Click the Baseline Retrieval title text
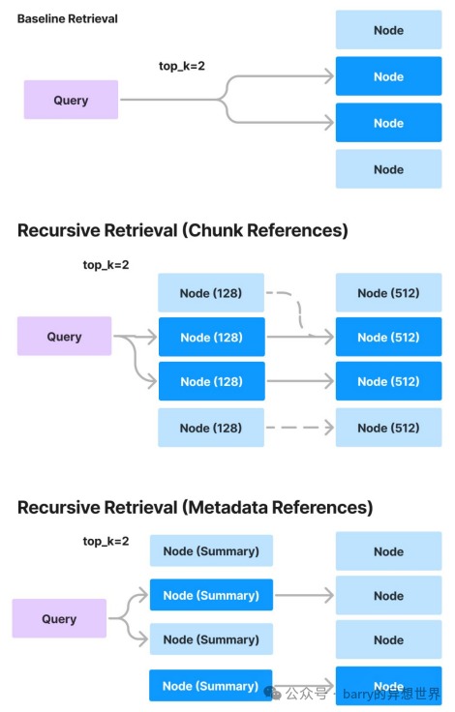click(x=67, y=18)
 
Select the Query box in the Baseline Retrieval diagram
click(x=71, y=100)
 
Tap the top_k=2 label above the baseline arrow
click(x=182, y=67)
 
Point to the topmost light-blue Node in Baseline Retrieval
click(x=388, y=30)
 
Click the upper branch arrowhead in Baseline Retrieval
click(x=328, y=75)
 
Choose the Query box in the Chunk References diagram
click(x=64, y=336)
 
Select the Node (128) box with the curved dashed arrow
click(x=211, y=293)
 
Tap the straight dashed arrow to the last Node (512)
click(x=300, y=428)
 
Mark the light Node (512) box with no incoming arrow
click(x=388, y=292)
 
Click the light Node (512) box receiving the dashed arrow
click(x=388, y=428)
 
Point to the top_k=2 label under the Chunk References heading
click(x=106, y=265)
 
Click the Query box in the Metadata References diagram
click(x=59, y=618)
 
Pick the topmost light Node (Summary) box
click(x=211, y=550)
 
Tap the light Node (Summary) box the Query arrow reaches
click(x=211, y=639)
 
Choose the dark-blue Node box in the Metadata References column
click(x=388, y=686)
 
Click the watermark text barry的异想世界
click(x=391, y=694)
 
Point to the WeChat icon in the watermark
click(x=273, y=693)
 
